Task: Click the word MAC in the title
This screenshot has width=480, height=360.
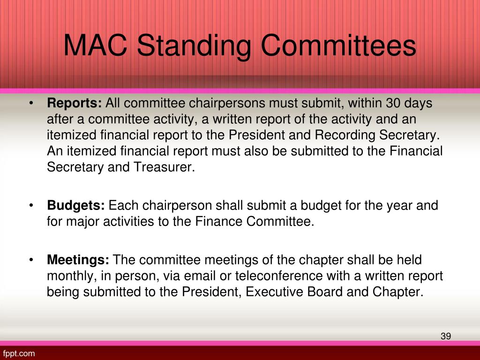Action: (96, 46)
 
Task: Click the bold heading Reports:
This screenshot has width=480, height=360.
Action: (75, 103)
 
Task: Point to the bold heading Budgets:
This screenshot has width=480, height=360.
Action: (76, 205)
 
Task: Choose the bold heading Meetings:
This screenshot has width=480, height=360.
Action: (78, 260)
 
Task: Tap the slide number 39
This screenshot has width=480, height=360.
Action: (446, 336)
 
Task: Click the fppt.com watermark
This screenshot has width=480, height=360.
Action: (19, 353)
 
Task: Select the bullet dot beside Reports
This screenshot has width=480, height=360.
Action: (30, 104)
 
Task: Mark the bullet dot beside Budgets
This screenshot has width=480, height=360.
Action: (30, 206)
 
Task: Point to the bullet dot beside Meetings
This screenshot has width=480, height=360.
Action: (30, 260)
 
